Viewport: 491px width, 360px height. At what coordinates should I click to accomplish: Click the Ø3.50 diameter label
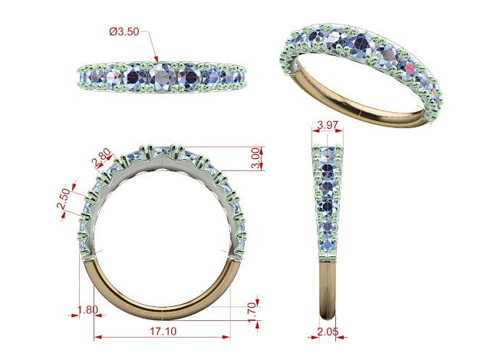124,31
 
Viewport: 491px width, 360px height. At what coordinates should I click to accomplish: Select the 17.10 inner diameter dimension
163,331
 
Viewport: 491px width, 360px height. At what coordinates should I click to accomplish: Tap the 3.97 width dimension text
328,124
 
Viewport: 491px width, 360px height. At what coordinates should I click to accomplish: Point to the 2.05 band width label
328,331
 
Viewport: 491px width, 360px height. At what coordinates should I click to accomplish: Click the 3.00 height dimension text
255,158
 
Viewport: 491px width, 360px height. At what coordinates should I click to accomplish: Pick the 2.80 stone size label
101,157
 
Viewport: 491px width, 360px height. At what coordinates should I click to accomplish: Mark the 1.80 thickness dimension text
87,310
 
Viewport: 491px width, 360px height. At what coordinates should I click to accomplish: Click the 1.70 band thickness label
252,312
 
